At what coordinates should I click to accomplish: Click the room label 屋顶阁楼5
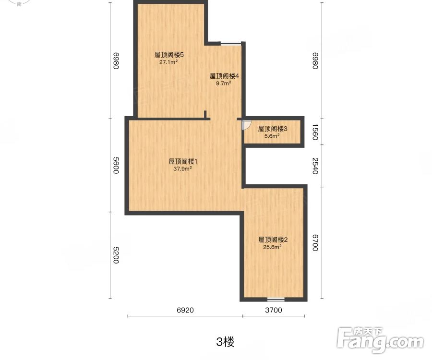[169, 55]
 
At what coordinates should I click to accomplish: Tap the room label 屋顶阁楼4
[224, 76]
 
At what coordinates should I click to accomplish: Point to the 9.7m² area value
[224, 83]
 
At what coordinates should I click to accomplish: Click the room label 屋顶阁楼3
[272, 129]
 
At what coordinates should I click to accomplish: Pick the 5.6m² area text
[272, 136]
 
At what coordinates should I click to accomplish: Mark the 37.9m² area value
[183, 168]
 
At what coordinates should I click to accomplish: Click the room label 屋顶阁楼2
[273, 240]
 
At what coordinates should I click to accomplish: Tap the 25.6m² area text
[272, 247]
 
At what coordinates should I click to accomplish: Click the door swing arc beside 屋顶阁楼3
[246, 125]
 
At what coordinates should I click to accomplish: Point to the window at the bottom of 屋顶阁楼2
[276, 299]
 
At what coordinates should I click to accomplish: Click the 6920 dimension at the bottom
[185, 310]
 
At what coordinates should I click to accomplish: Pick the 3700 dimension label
[274, 310]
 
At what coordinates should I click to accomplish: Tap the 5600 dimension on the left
[116, 166]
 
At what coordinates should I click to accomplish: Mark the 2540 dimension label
[315, 166]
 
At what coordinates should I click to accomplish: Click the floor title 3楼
[225, 342]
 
